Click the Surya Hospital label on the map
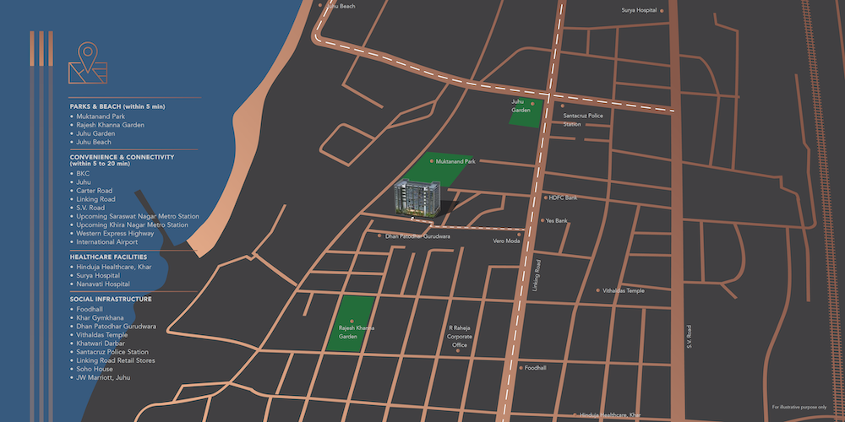pos(640,11)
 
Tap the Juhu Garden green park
pos(525,113)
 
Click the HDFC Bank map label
pos(563,197)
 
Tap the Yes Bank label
pos(558,220)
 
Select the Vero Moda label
pos(506,241)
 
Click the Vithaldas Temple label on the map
pos(624,290)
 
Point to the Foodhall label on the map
pos(535,368)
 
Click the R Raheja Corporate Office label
pos(459,336)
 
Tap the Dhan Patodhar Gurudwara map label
pos(417,236)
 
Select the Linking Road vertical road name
pos(537,275)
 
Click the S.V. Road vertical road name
pos(690,337)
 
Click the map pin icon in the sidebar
pos(88,63)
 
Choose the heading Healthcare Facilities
pos(109,257)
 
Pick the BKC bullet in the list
pos(83,173)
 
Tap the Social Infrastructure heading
pos(111,299)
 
